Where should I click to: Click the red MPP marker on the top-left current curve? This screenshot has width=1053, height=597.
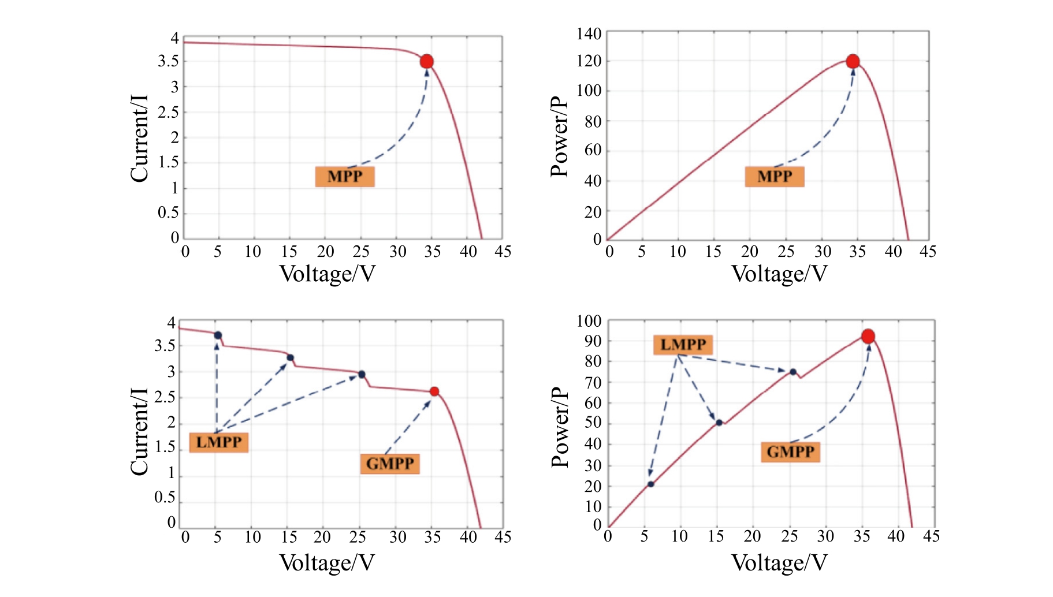coord(427,62)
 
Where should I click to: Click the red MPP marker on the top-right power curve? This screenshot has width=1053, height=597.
coord(853,62)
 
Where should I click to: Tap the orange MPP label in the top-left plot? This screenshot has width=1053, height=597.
coord(345,177)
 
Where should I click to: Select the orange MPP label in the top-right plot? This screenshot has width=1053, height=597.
coord(775,177)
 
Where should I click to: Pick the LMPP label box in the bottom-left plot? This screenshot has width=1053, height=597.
coord(219,443)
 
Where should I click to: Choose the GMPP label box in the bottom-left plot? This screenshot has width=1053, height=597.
coord(390,464)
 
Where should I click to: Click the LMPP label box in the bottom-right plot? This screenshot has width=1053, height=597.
coord(683,345)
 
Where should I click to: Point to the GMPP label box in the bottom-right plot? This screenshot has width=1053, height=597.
coord(791,452)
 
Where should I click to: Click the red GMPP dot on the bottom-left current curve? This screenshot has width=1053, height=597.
coord(434,391)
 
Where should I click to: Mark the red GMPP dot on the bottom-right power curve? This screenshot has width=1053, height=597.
coord(868,337)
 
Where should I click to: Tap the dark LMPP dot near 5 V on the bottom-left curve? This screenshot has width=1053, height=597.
coord(218,335)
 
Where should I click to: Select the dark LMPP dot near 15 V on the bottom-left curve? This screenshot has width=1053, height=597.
coord(290,358)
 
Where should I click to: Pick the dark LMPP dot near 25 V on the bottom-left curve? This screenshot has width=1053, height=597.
coord(362,375)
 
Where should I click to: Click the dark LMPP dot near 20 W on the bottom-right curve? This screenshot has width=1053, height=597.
coord(651,484)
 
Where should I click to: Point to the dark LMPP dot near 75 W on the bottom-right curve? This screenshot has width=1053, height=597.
coord(793,372)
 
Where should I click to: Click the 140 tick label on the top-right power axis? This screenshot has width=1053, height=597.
coord(589,34)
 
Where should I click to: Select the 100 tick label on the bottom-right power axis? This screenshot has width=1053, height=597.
coord(589,322)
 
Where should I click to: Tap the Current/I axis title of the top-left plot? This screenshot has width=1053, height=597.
coord(139,139)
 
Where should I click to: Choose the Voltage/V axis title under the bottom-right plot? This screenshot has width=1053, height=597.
coord(779,563)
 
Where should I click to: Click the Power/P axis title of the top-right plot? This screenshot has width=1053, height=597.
coord(559,137)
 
